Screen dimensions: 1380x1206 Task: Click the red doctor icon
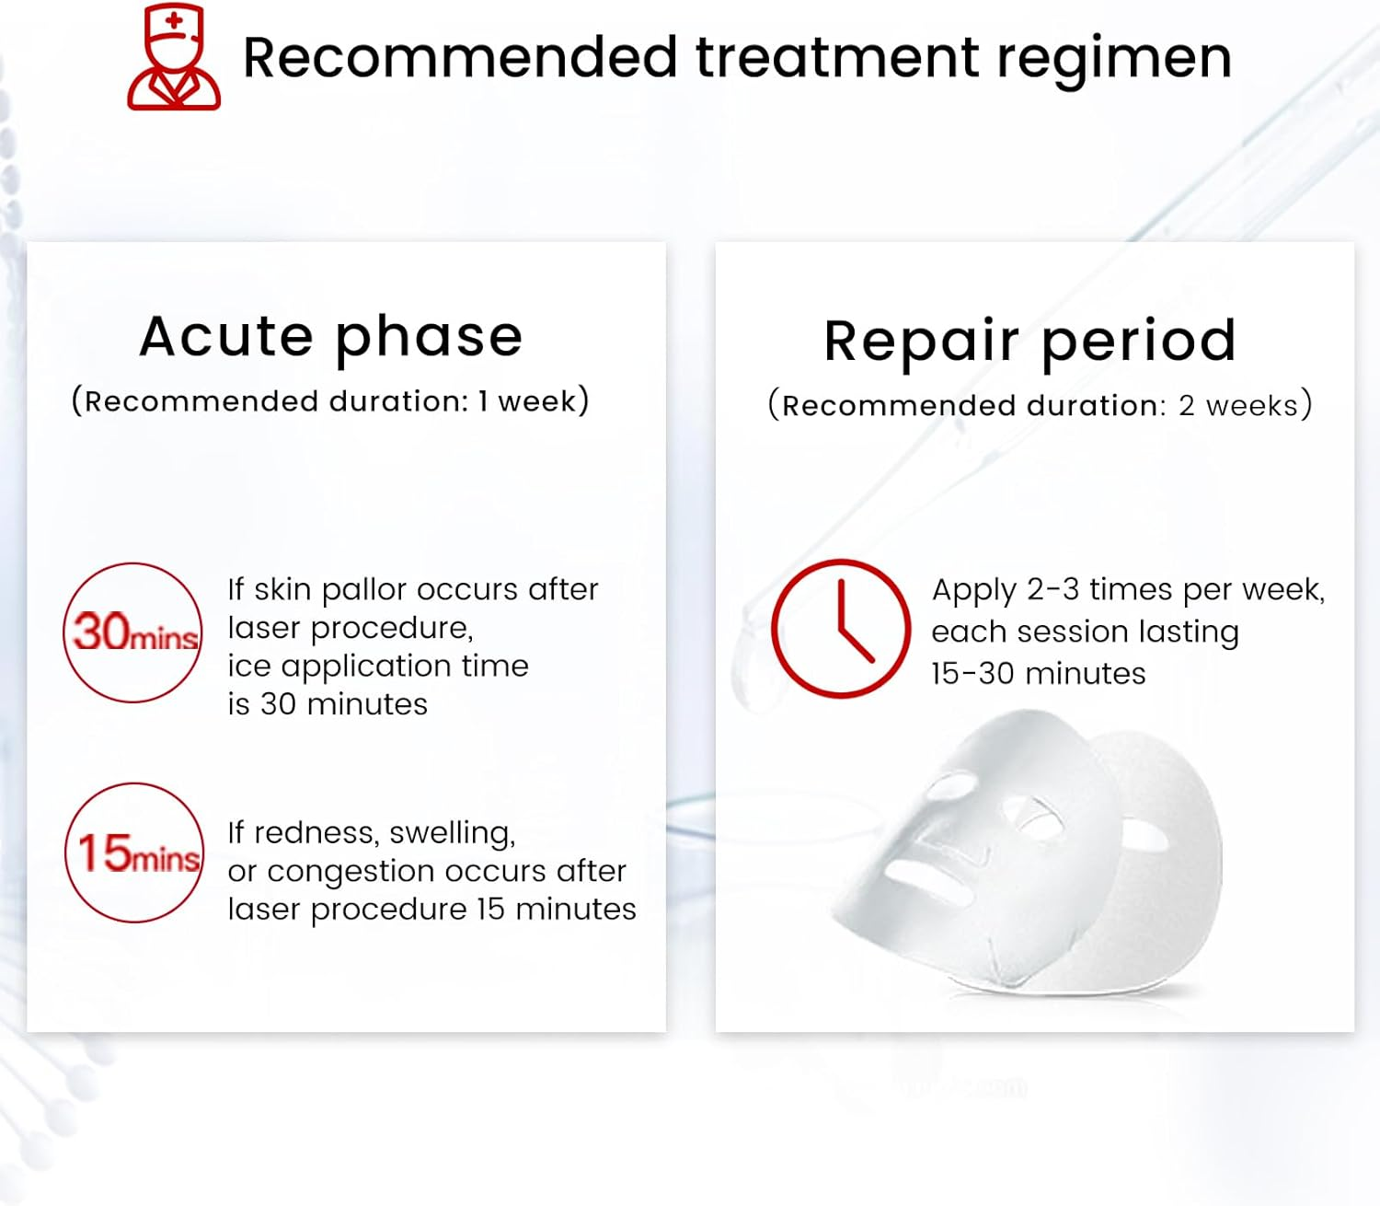click(173, 57)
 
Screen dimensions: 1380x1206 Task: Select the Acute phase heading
click(331, 337)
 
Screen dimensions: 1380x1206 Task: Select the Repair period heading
click(1030, 342)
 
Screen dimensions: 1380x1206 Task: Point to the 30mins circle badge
click(132, 632)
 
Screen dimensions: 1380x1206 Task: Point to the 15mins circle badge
click(134, 852)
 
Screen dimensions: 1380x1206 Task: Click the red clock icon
click(840, 628)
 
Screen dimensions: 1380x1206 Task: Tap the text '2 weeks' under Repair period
click(1238, 406)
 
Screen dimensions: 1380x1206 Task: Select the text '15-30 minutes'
click(1039, 674)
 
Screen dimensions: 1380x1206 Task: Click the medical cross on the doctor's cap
click(175, 20)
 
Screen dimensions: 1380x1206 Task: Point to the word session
click(1073, 632)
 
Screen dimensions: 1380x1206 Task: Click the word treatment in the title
click(837, 57)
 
